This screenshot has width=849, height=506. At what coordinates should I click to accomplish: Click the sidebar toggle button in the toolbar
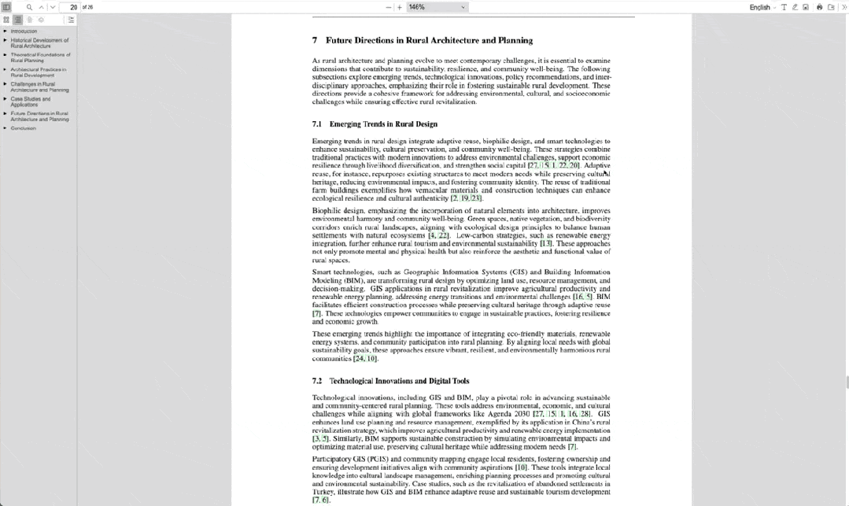(x=6, y=7)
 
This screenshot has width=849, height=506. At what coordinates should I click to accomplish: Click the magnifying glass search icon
(x=29, y=7)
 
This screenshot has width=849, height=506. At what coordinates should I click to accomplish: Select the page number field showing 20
(x=69, y=7)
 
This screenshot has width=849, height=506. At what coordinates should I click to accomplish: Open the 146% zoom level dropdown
(x=437, y=7)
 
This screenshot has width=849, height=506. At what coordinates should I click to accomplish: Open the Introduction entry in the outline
(x=24, y=31)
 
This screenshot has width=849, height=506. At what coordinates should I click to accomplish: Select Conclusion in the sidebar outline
(x=24, y=128)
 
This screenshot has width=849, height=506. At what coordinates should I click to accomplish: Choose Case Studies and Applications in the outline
(x=31, y=102)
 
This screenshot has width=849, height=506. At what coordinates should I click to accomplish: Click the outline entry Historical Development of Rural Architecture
(x=39, y=42)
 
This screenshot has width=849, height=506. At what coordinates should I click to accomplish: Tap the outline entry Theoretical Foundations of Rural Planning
(x=40, y=57)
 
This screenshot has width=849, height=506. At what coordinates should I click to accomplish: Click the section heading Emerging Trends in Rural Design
(x=383, y=124)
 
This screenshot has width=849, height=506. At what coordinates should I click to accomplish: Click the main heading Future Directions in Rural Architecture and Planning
(x=429, y=40)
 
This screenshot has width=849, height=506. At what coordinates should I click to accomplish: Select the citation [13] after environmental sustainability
(x=545, y=244)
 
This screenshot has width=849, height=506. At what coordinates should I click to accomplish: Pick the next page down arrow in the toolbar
(x=52, y=7)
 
